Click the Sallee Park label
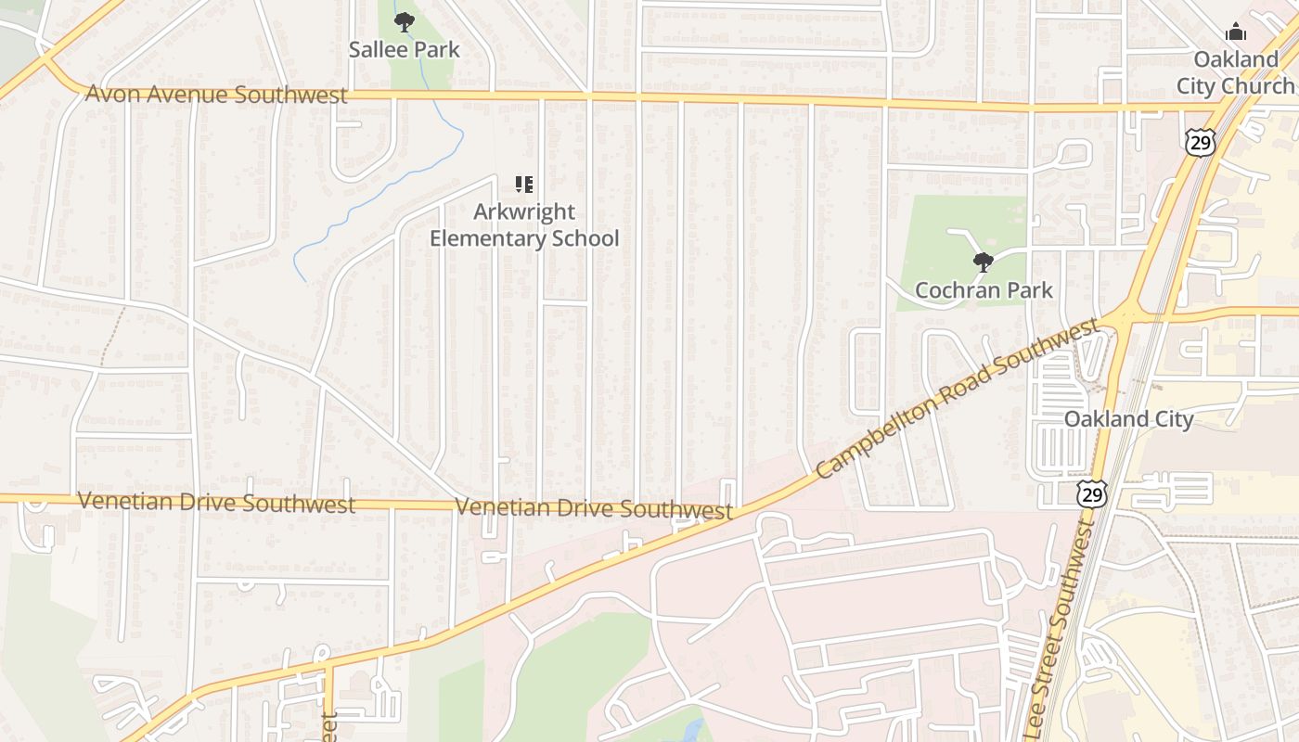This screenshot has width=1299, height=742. point(404,49)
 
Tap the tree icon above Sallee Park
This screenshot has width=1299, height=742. point(404,21)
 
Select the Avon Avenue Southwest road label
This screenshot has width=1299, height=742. point(216,94)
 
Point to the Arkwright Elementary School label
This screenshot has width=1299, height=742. point(524,224)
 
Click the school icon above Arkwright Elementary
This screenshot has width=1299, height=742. point(523,185)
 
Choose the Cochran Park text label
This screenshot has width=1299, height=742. point(984,290)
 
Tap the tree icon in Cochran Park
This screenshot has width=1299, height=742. point(984,262)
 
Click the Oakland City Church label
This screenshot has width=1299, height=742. point(1235,72)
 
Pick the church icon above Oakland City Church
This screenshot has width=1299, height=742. point(1235,32)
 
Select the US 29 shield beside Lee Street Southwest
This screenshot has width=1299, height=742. point(1092,493)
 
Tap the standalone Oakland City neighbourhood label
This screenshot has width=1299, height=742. point(1128,419)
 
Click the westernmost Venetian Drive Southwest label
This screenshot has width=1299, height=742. point(216,503)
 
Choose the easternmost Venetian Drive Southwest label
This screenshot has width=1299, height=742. point(594,508)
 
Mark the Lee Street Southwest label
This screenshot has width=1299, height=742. point(1060,640)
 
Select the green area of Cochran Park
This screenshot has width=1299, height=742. point(937,232)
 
